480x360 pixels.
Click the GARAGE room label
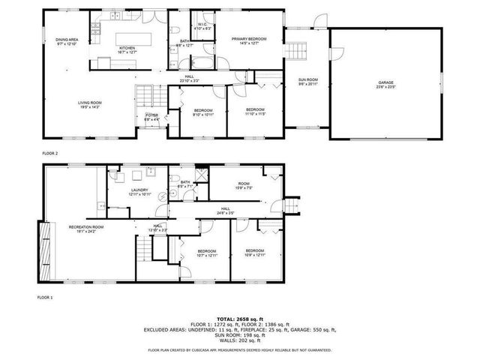[385, 82]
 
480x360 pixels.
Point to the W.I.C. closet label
[202, 25]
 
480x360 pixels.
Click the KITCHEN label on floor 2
[126, 49]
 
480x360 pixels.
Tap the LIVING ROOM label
[89, 103]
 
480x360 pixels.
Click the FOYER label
[151, 115]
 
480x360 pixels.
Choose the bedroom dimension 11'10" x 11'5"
[255, 114]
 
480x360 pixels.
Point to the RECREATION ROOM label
[85, 226]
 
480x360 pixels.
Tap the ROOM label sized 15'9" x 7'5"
[243, 184]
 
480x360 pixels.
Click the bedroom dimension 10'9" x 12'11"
[254, 254]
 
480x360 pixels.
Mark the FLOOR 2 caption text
[49, 153]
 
